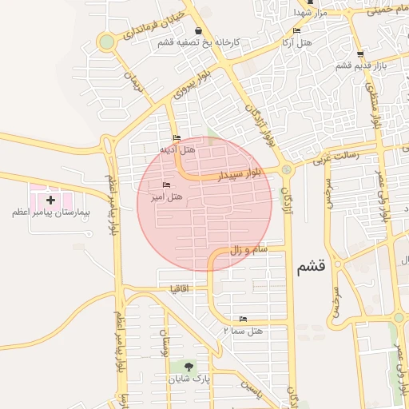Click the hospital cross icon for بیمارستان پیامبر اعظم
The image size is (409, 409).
pyautogui.click(x=51, y=200)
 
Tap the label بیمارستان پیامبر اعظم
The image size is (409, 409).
pyautogui.click(x=50, y=213)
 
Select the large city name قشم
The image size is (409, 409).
pyautogui.click(x=311, y=268)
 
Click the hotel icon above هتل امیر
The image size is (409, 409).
pyautogui.click(x=167, y=185)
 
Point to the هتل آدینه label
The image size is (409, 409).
pyautogui.click(x=177, y=149)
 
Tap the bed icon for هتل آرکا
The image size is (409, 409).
pyautogui.click(x=297, y=30)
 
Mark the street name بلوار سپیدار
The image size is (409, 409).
pyautogui.click(x=240, y=173)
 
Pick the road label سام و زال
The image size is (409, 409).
pyautogui.click(x=248, y=251)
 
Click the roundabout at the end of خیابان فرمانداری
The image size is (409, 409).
pyautogui.click(x=105, y=42)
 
